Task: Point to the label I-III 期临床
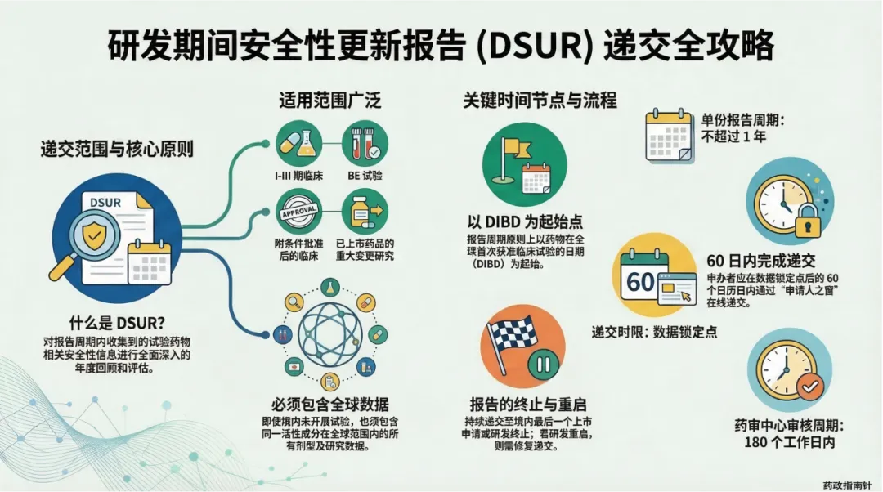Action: tap(298, 175)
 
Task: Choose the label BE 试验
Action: tap(365, 175)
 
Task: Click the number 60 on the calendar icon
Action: tap(641, 282)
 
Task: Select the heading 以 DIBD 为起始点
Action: tap(522, 222)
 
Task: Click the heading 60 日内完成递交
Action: tap(760, 261)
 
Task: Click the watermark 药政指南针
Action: tap(849, 483)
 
